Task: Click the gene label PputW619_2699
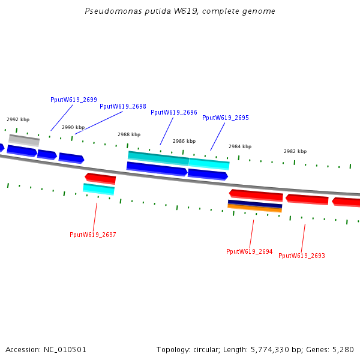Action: (x=73, y=100)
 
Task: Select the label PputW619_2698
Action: (x=122, y=106)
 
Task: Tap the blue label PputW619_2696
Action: (x=173, y=112)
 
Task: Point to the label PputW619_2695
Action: (x=225, y=118)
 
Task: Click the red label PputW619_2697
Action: (x=92, y=235)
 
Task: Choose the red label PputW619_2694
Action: (x=249, y=252)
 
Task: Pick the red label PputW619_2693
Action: (x=302, y=256)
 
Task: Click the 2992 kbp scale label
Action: (x=18, y=120)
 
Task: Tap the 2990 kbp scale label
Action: (x=73, y=127)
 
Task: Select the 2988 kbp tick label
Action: (x=129, y=135)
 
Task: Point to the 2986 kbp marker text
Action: (x=184, y=142)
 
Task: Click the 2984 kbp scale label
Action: (x=240, y=146)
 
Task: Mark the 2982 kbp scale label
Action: (x=295, y=151)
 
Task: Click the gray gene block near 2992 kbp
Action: (x=24, y=140)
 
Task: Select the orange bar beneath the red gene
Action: (x=254, y=209)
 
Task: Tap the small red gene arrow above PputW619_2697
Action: (x=100, y=178)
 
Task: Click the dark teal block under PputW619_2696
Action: (x=158, y=158)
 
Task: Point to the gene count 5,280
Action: (x=342, y=349)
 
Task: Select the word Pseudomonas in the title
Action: (x=108, y=11)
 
